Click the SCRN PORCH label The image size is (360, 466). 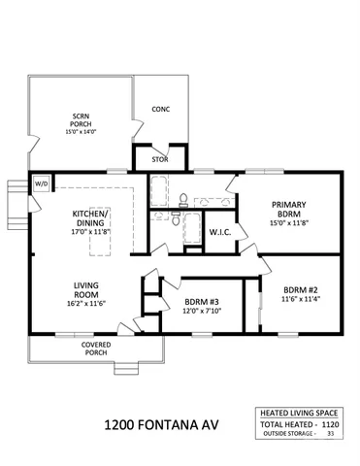(x=81, y=121)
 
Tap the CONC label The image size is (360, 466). (x=161, y=110)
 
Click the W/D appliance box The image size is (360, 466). (x=42, y=183)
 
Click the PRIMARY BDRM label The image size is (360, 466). (x=290, y=210)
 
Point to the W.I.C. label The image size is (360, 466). (x=219, y=233)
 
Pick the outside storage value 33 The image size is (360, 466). (x=331, y=434)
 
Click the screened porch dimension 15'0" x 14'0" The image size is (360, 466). (x=81, y=132)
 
